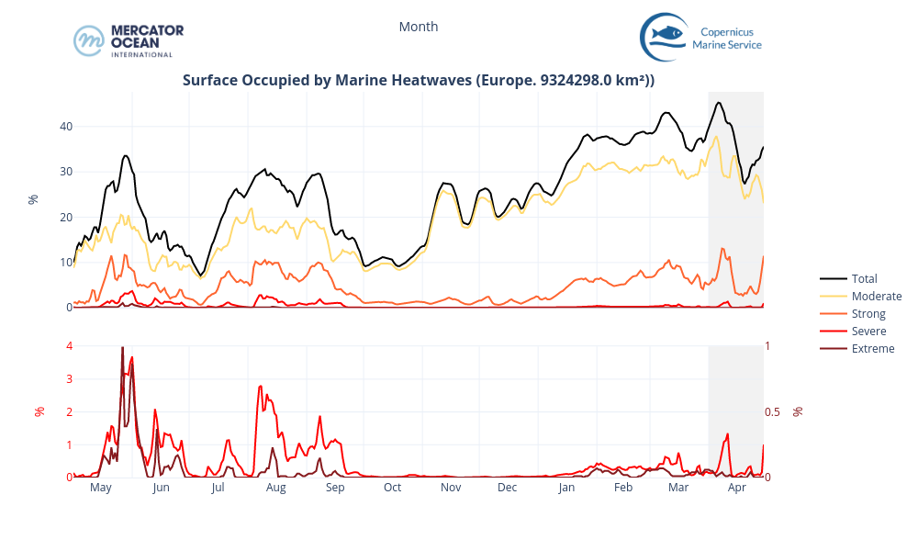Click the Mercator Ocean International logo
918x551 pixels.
click(x=129, y=40)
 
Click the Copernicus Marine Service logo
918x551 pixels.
click(x=701, y=37)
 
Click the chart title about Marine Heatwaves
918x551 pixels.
click(x=419, y=80)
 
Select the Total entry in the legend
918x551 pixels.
click(x=864, y=278)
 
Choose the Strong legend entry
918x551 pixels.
click(x=868, y=313)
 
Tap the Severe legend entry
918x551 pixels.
click(x=868, y=331)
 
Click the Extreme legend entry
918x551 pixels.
click(x=872, y=348)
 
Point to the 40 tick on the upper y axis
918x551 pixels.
click(x=66, y=126)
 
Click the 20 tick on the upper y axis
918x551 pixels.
click(x=66, y=217)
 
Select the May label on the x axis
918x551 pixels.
click(x=101, y=488)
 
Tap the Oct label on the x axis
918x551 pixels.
click(x=392, y=488)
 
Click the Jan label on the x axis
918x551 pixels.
click(x=566, y=488)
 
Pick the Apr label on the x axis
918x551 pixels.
click(x=736, y=488)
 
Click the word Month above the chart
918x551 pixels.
click(x=419, y=27)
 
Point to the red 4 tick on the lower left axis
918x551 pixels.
click(x=69, y=345)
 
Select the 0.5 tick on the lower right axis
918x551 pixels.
click(x=772, y=411)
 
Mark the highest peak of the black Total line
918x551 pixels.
click(x=719, y=102)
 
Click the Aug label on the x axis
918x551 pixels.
click(x=275, y=488)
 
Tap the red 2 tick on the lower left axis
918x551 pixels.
click(x=69, y=411)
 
